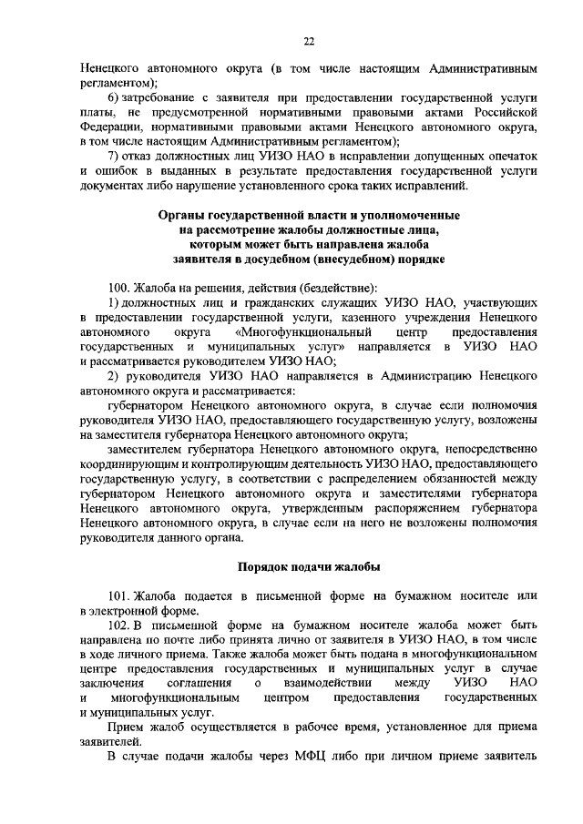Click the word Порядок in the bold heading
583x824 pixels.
[265, 565]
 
